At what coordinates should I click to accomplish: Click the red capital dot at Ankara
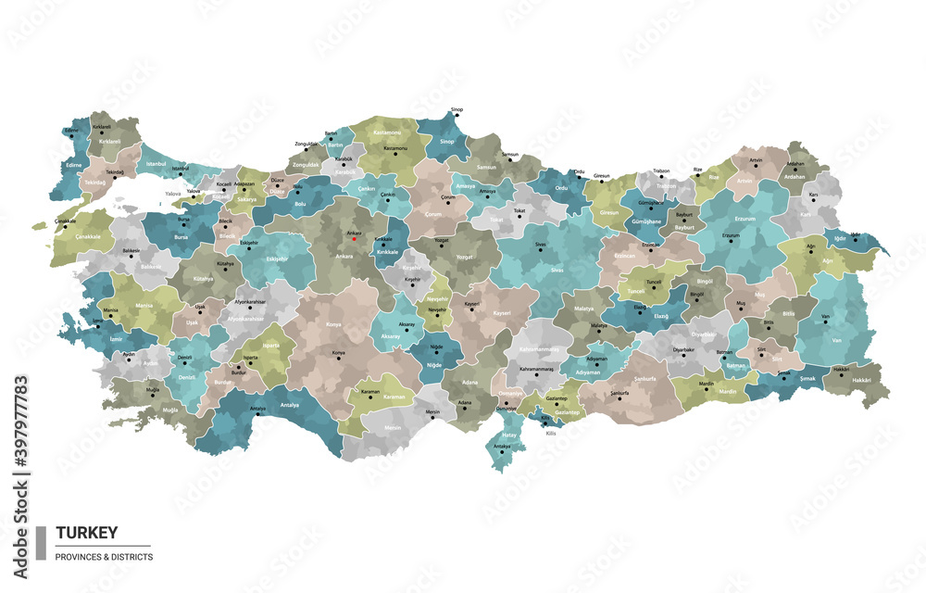(354, 239)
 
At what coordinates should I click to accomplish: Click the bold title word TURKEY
(87, 533)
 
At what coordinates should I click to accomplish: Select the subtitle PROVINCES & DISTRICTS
(104, 557)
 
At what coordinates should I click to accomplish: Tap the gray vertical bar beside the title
(41, 543)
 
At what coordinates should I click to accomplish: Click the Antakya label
(503, 446)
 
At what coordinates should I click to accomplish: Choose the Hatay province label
(509, 434)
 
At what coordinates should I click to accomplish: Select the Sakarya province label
(246, 199)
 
